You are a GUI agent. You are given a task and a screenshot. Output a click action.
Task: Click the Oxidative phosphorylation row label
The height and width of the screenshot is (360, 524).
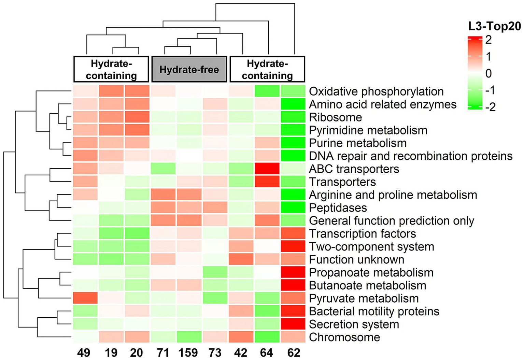(x=376, y=91)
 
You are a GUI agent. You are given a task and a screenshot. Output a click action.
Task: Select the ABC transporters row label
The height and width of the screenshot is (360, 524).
(x=354, y=169)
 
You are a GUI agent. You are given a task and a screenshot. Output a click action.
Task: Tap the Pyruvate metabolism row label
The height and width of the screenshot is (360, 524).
(x=364, y=298)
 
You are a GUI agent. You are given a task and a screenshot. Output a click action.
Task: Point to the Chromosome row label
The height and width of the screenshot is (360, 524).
(x=344, y=337)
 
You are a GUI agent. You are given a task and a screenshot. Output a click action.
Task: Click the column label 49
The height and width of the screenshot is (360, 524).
(x=84, y=352)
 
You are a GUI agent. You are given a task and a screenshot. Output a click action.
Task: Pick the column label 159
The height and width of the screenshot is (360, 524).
(x=188, y=352)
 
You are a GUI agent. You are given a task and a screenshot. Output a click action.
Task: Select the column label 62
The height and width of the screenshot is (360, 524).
(x=294, y=352)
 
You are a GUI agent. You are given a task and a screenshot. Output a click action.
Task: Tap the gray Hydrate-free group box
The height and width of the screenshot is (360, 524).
(x=189, y=70)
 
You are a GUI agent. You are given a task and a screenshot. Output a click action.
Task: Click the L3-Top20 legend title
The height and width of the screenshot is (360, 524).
(x=495, y=26)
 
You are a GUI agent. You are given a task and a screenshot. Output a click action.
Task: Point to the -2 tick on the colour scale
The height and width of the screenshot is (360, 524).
(x=490, y=107)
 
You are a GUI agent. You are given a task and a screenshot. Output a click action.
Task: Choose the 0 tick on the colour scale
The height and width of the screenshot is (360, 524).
(x=488, y=73)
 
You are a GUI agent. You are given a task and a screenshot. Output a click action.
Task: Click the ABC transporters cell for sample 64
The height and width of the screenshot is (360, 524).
(x=267, y=169)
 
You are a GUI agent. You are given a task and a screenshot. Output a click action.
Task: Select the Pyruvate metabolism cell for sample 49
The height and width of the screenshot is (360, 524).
(x=85, y=298)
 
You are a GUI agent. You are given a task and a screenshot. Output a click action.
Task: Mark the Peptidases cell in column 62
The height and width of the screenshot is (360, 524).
(x=293, y=207)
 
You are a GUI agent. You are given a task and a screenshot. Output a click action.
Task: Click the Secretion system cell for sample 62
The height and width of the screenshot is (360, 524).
(x=293, y=324)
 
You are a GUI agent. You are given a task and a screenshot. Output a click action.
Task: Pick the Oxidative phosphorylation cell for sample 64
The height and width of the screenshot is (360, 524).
(x=267, y=91)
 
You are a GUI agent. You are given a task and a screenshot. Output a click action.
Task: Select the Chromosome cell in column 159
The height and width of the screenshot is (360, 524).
(x=189, y=337)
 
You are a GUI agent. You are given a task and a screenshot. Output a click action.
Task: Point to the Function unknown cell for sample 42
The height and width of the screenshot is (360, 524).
(x=241, y=259)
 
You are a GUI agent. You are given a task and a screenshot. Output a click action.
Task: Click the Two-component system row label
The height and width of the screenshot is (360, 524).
(x=371, y=246)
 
